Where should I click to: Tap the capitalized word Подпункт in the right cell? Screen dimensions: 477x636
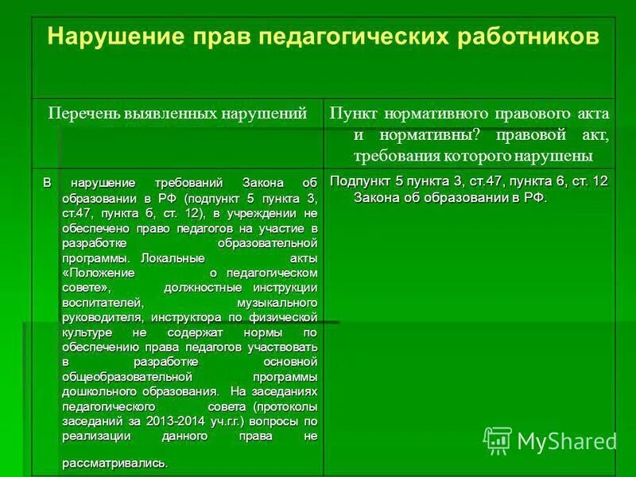pos(359,181)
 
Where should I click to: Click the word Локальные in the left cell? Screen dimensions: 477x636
pos(174,258)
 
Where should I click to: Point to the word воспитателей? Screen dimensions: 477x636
pos(102,302)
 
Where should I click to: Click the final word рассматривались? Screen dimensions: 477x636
pos(114,463)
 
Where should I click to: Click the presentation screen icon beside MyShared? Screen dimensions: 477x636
pos(498,440)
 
